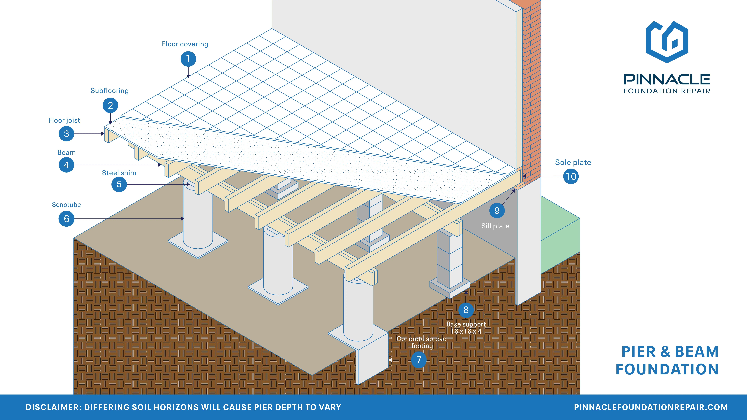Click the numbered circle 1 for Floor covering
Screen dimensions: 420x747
188,59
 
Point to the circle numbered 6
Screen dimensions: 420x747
66,219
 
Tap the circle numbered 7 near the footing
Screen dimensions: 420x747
418,360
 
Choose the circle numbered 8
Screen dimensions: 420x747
466,310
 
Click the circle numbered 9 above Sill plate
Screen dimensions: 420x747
497,211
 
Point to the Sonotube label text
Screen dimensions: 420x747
66,205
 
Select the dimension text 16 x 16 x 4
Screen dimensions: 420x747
466,331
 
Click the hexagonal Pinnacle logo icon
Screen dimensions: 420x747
667,42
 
